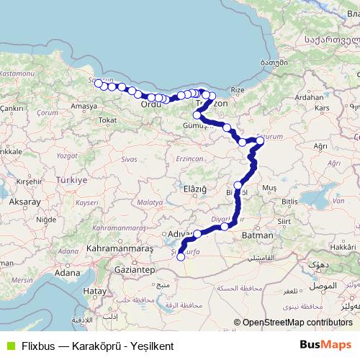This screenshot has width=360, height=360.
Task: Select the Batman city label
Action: [258, 235]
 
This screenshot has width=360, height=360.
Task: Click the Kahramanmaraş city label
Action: [120, 248]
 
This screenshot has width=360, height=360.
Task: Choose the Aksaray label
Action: [24, 202]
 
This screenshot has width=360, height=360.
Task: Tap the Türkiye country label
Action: [71, 179]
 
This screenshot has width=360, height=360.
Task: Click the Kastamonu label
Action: [16, 73]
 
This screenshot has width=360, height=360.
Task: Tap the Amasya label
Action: [84, 106]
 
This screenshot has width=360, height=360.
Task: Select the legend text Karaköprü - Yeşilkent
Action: [127, 346]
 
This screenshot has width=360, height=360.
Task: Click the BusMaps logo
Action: [325, 345]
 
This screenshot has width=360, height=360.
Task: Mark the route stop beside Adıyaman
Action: [197, 233]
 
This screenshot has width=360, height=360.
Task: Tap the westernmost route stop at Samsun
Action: [98, 84]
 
